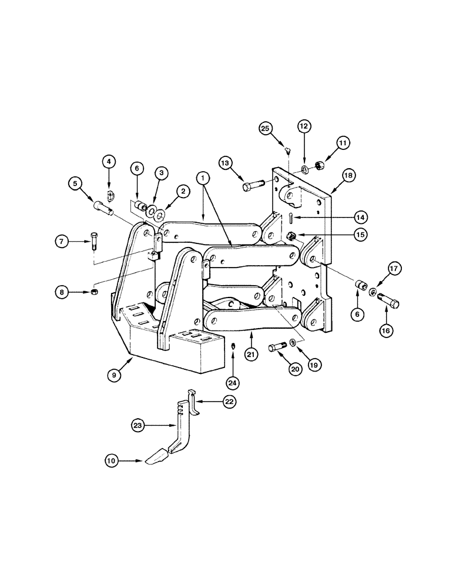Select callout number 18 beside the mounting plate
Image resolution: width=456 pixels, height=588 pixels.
(348, 176)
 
